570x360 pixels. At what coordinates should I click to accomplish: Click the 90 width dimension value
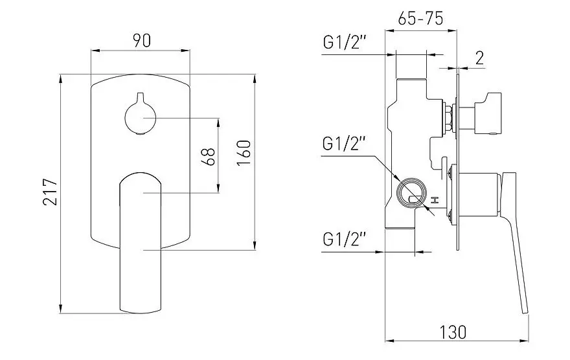[x=142, y=40]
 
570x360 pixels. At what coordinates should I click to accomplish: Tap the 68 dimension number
[x=208, y=155]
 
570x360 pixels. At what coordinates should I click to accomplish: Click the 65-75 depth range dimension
[x=420, y=19]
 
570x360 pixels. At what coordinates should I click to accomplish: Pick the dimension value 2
[x=479, y=58]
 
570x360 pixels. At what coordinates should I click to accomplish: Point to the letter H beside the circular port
[x=436, y=201]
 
